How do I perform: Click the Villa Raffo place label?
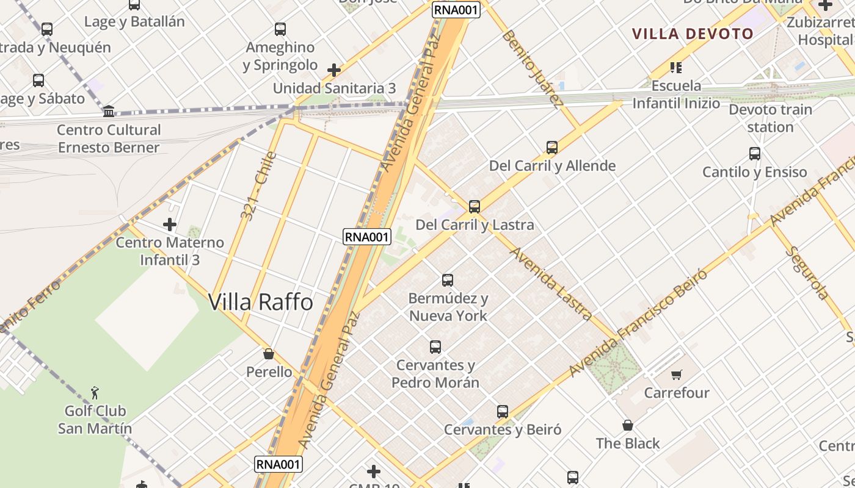click(261, 302)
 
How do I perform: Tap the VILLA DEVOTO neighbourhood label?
click(693, 34)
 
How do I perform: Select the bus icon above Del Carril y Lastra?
click(475, 206)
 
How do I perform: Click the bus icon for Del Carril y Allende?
click(552, 147)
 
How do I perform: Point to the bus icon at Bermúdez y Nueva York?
click(448, 280)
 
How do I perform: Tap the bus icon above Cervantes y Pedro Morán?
click(435, 346)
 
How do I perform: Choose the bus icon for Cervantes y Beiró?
click(503, 411)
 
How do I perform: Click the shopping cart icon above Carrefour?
click(676, 375)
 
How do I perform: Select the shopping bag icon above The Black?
click(627, 425)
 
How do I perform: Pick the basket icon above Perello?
click(268, 354)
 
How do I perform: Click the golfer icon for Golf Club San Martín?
click(95, 392)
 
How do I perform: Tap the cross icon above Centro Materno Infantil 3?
click(170, 224)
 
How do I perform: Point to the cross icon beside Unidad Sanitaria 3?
click(333, 70)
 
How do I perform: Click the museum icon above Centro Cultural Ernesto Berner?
click(109, 111)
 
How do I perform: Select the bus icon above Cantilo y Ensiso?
click(755, 154)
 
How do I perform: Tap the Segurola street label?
click(807, 273)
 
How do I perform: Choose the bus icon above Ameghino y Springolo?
click(280, 29)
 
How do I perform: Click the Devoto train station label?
click(770, 118)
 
